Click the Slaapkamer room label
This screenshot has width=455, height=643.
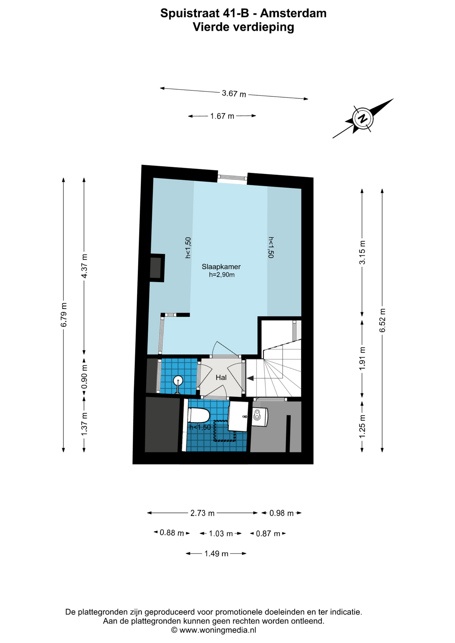(221, 267)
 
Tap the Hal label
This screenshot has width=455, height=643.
(221, 377)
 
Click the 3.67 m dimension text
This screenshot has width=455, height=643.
(234, 93)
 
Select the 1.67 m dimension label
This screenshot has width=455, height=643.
(222, 116)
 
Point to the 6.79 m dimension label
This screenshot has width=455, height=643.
(64, 315)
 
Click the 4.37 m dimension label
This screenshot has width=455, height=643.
(84, 266)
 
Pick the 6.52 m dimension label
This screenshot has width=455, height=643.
(382, 320)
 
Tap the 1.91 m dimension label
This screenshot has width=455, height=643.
(362, 359)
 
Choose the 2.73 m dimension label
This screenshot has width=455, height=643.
(202, 513)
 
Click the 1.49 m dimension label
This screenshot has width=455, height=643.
(216, 554)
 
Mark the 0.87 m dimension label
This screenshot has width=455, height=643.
(268, 533)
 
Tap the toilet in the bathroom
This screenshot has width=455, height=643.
(199, 416)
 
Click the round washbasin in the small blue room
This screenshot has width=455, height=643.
(178, 380)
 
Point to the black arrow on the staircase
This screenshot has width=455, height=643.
(250, 378)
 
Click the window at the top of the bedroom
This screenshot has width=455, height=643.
(233, 177)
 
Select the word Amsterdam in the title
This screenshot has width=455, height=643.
(293, 13)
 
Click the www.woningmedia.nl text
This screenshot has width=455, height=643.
(218, 630)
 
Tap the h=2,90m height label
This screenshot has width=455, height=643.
(221, 275)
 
